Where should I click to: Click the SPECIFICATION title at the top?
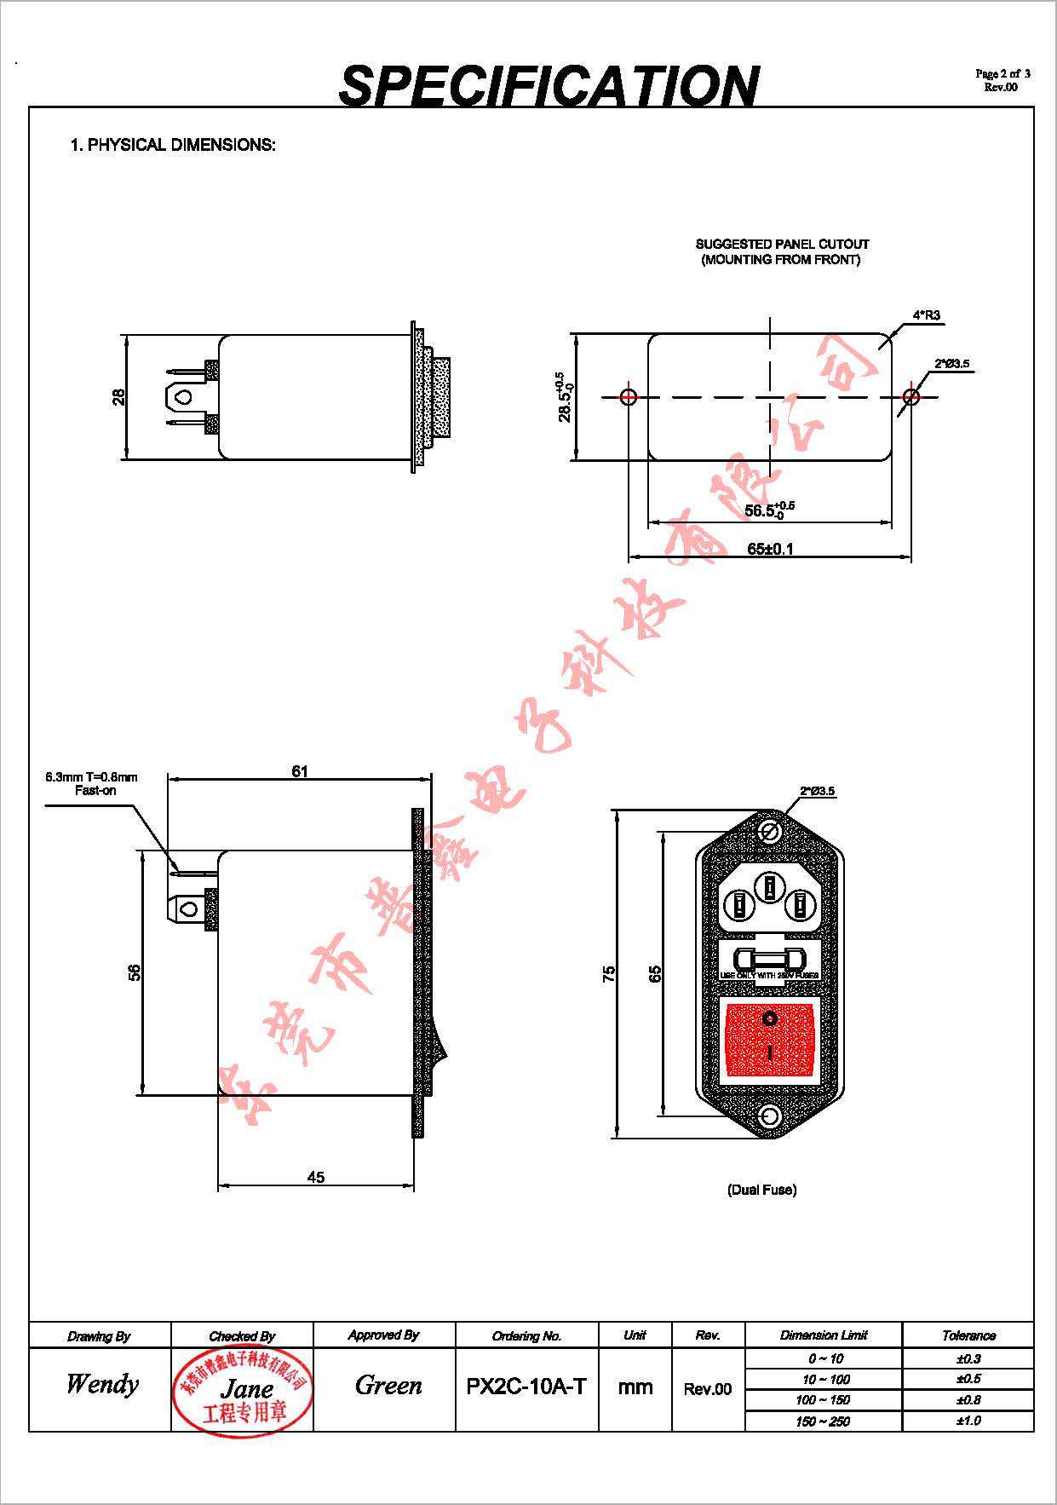click(549, 85)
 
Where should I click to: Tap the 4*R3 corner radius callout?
click(926, 315)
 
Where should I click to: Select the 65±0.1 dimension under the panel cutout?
click(770, 548)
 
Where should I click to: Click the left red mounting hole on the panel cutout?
click(629, 396)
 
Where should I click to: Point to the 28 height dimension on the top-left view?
click(118, 397)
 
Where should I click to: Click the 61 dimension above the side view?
click(300, 771)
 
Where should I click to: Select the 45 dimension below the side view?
click(315, 1177)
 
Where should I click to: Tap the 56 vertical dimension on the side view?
click(135, 972)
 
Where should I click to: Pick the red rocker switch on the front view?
click(770, 1037)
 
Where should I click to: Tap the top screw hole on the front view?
click(771, 832)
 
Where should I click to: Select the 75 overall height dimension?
click(608, 974)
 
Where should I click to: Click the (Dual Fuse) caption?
click(761, 1190)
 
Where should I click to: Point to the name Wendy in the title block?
click(101, 1383)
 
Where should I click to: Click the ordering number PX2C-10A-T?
click(526, 1387)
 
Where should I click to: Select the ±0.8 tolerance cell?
click(968, 1399)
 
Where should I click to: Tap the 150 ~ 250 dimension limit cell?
click(823, 1421)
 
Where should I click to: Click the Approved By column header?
click(383, 1335)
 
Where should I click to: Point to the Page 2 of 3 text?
click(1002, 74)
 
